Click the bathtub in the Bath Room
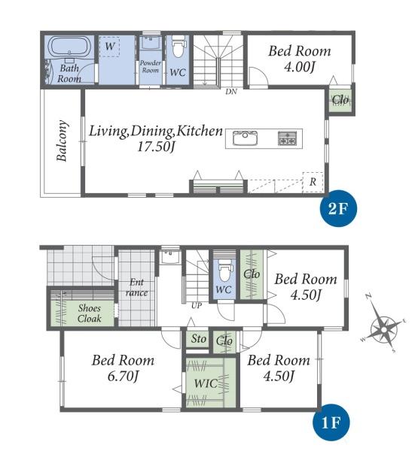pyautogui.click(x=69, y=47)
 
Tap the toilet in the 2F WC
pyautogui.click(x=179, y=47)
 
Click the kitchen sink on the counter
pyautogui.click(x=245, y=138)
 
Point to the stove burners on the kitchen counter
pyautogui.click(x=287, y=138)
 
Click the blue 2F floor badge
pyautogui.click(x=338, y=208)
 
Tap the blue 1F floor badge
pyautogui.click(x=331, y=422)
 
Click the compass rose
pyautogui.click(x=383, y=328)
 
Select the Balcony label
pyautogui.click(x=63, y=141)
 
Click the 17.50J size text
pyautogui.click(x=156, y=147)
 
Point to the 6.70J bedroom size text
pyautogui.click(x=123, y=376)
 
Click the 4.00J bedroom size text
pyautogui.click(x=299, y=67)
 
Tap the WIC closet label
pyautogui.click(x=206, y=383)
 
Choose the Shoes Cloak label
pyautogui.click(x=90, y=313)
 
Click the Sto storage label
pyautogui.click(x=199, y=338)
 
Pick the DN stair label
pyautogui.click(x=231, y=92)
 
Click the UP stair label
pyautogui.click(x=197, y=306)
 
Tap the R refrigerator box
pyautogui.click(x=313, y=182)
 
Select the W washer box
pyautogui.click(x=109, y=46)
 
